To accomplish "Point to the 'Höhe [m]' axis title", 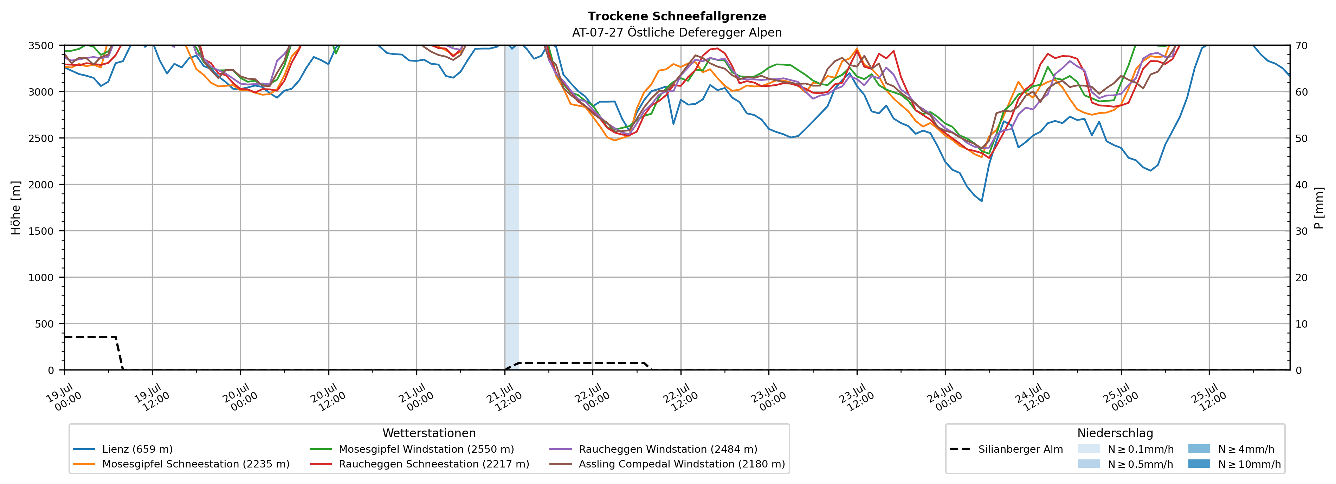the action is click(16, 207).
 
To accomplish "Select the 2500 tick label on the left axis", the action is click(41, 138).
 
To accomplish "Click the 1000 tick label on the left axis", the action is click(41, 278).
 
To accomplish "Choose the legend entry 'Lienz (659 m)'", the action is click(123, 449).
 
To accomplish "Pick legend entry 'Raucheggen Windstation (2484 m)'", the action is click(653, 449).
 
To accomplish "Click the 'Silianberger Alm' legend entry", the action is click(1007, 449).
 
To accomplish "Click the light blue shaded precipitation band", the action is click(512, 207).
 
